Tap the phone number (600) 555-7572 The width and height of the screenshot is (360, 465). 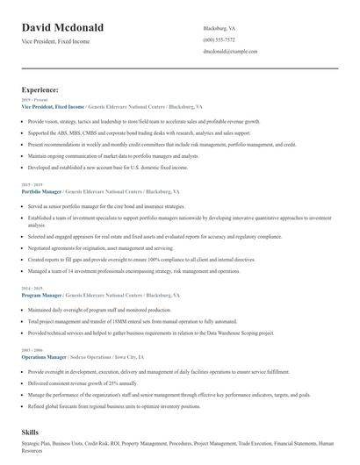[219, 40]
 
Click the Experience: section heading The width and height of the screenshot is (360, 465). [40, 89]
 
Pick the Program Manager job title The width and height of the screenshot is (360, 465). [40, 296]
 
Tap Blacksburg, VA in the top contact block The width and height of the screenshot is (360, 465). [219, 28]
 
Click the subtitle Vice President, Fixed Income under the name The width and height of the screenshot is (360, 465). [58, 42]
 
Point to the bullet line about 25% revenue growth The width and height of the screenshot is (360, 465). [83, 383]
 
